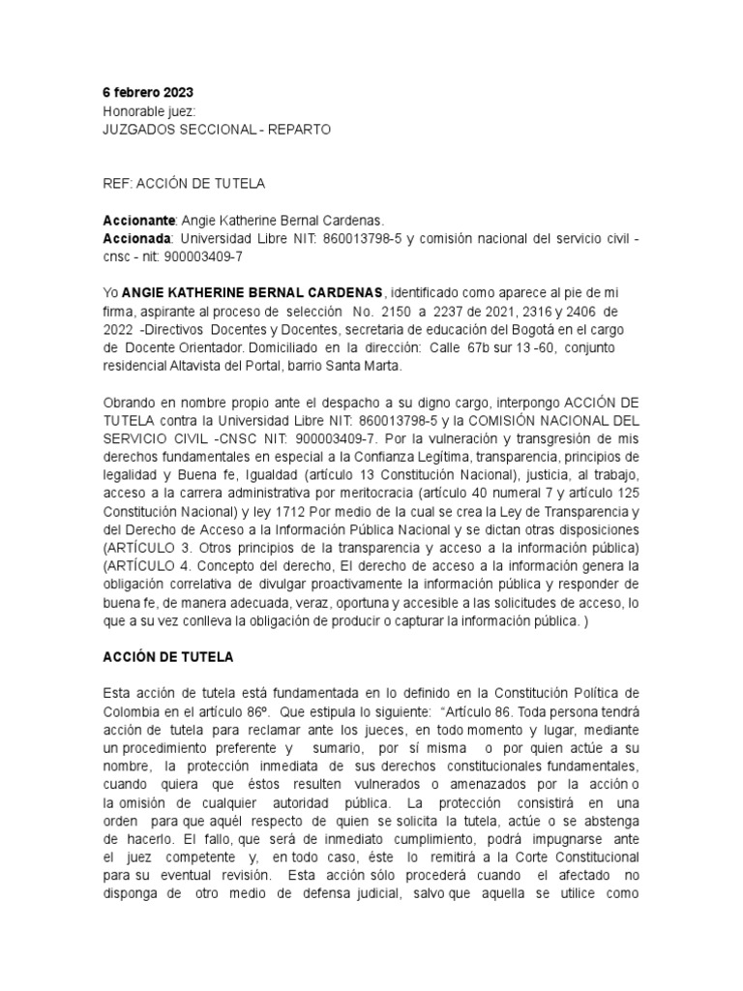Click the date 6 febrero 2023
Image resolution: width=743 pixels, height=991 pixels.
148,93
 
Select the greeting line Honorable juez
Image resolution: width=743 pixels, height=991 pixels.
149,110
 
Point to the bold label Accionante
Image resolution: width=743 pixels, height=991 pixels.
137,219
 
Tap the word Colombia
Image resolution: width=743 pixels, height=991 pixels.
133,711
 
